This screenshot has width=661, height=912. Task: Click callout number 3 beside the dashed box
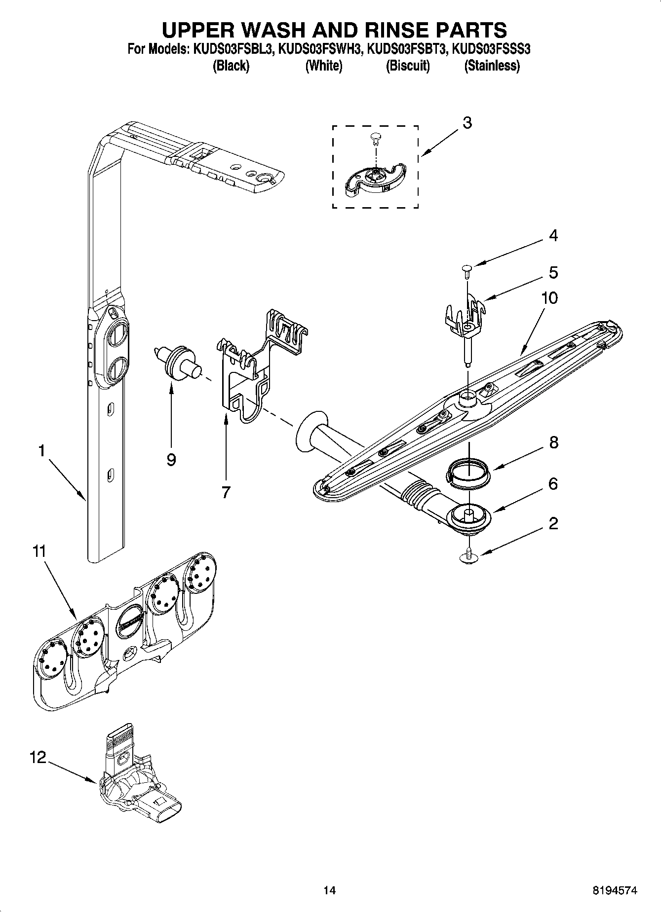click(x=467, y=123)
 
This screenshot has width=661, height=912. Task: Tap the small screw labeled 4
click(x=467, y=268)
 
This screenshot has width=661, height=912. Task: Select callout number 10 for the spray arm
click(x=549, y=298)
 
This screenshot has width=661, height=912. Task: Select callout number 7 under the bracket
click(x=226, y=492)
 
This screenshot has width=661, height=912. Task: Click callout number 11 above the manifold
click(x=39, y=551)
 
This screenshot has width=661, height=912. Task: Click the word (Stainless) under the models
click(x=492, y=66)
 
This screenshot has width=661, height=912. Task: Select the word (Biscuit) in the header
click(x=408, y=66)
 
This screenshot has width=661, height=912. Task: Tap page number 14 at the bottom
click(x=330, y=890)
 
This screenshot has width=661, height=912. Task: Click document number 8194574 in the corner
click(x=615, y=890)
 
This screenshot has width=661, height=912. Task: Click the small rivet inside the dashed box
click(x=376, y=139)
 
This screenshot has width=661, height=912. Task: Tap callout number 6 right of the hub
click(x=553, y=484)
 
